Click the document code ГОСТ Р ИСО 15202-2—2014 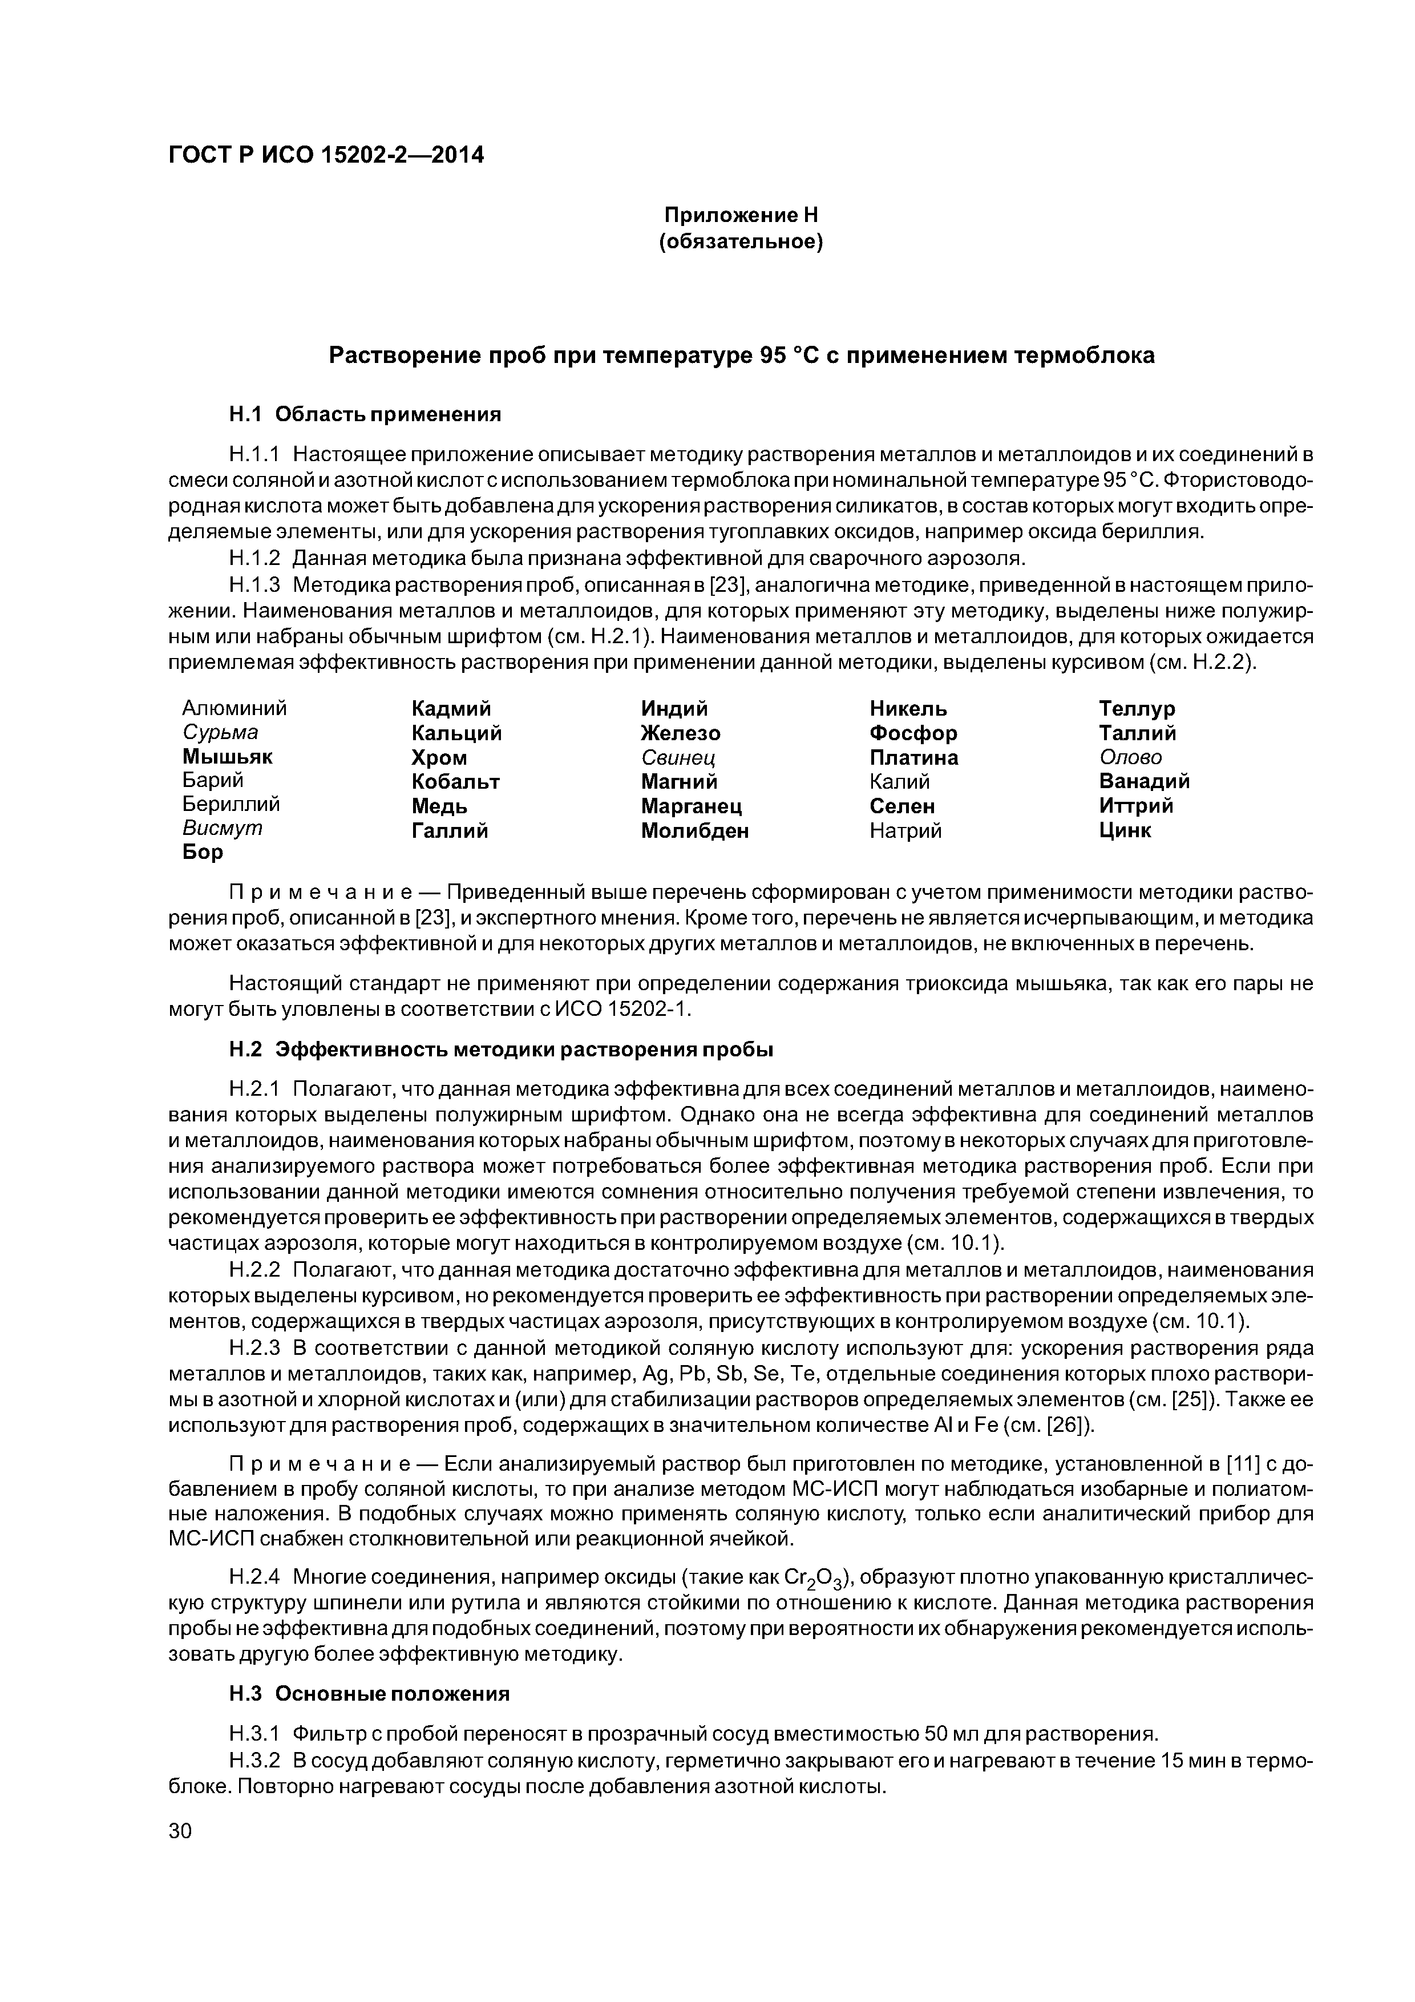click(325, 155)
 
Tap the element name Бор click(203, 852)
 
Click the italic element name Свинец click(678, 757)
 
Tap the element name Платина click(913, 757)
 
